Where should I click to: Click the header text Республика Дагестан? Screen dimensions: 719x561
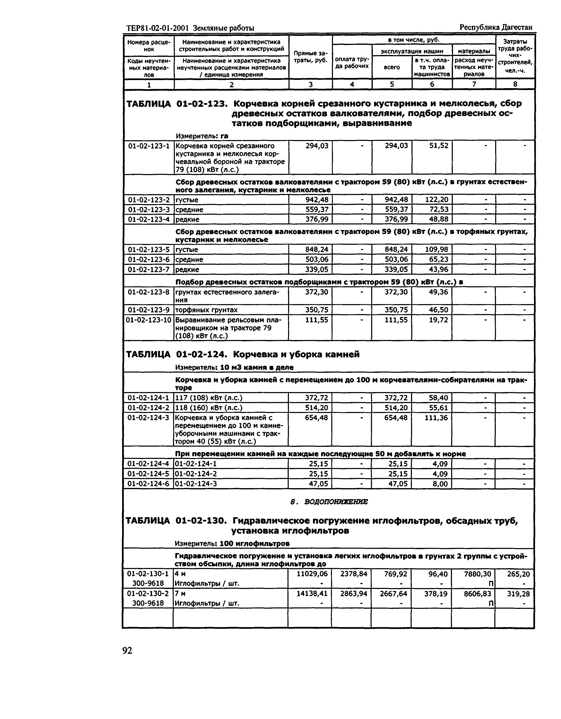point(496,27)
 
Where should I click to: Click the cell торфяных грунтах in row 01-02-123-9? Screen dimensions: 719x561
point(206,310)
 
